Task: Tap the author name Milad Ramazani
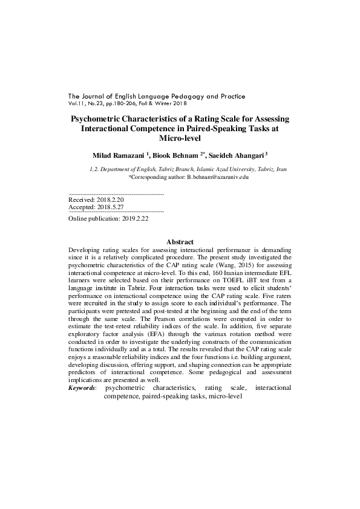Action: [117, 156]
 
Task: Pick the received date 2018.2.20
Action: [108, 199]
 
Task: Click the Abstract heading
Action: [180, 242]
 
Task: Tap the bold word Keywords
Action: [82, 387]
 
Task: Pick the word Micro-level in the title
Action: [179, 138]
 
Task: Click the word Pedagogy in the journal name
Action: [172, 96]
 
